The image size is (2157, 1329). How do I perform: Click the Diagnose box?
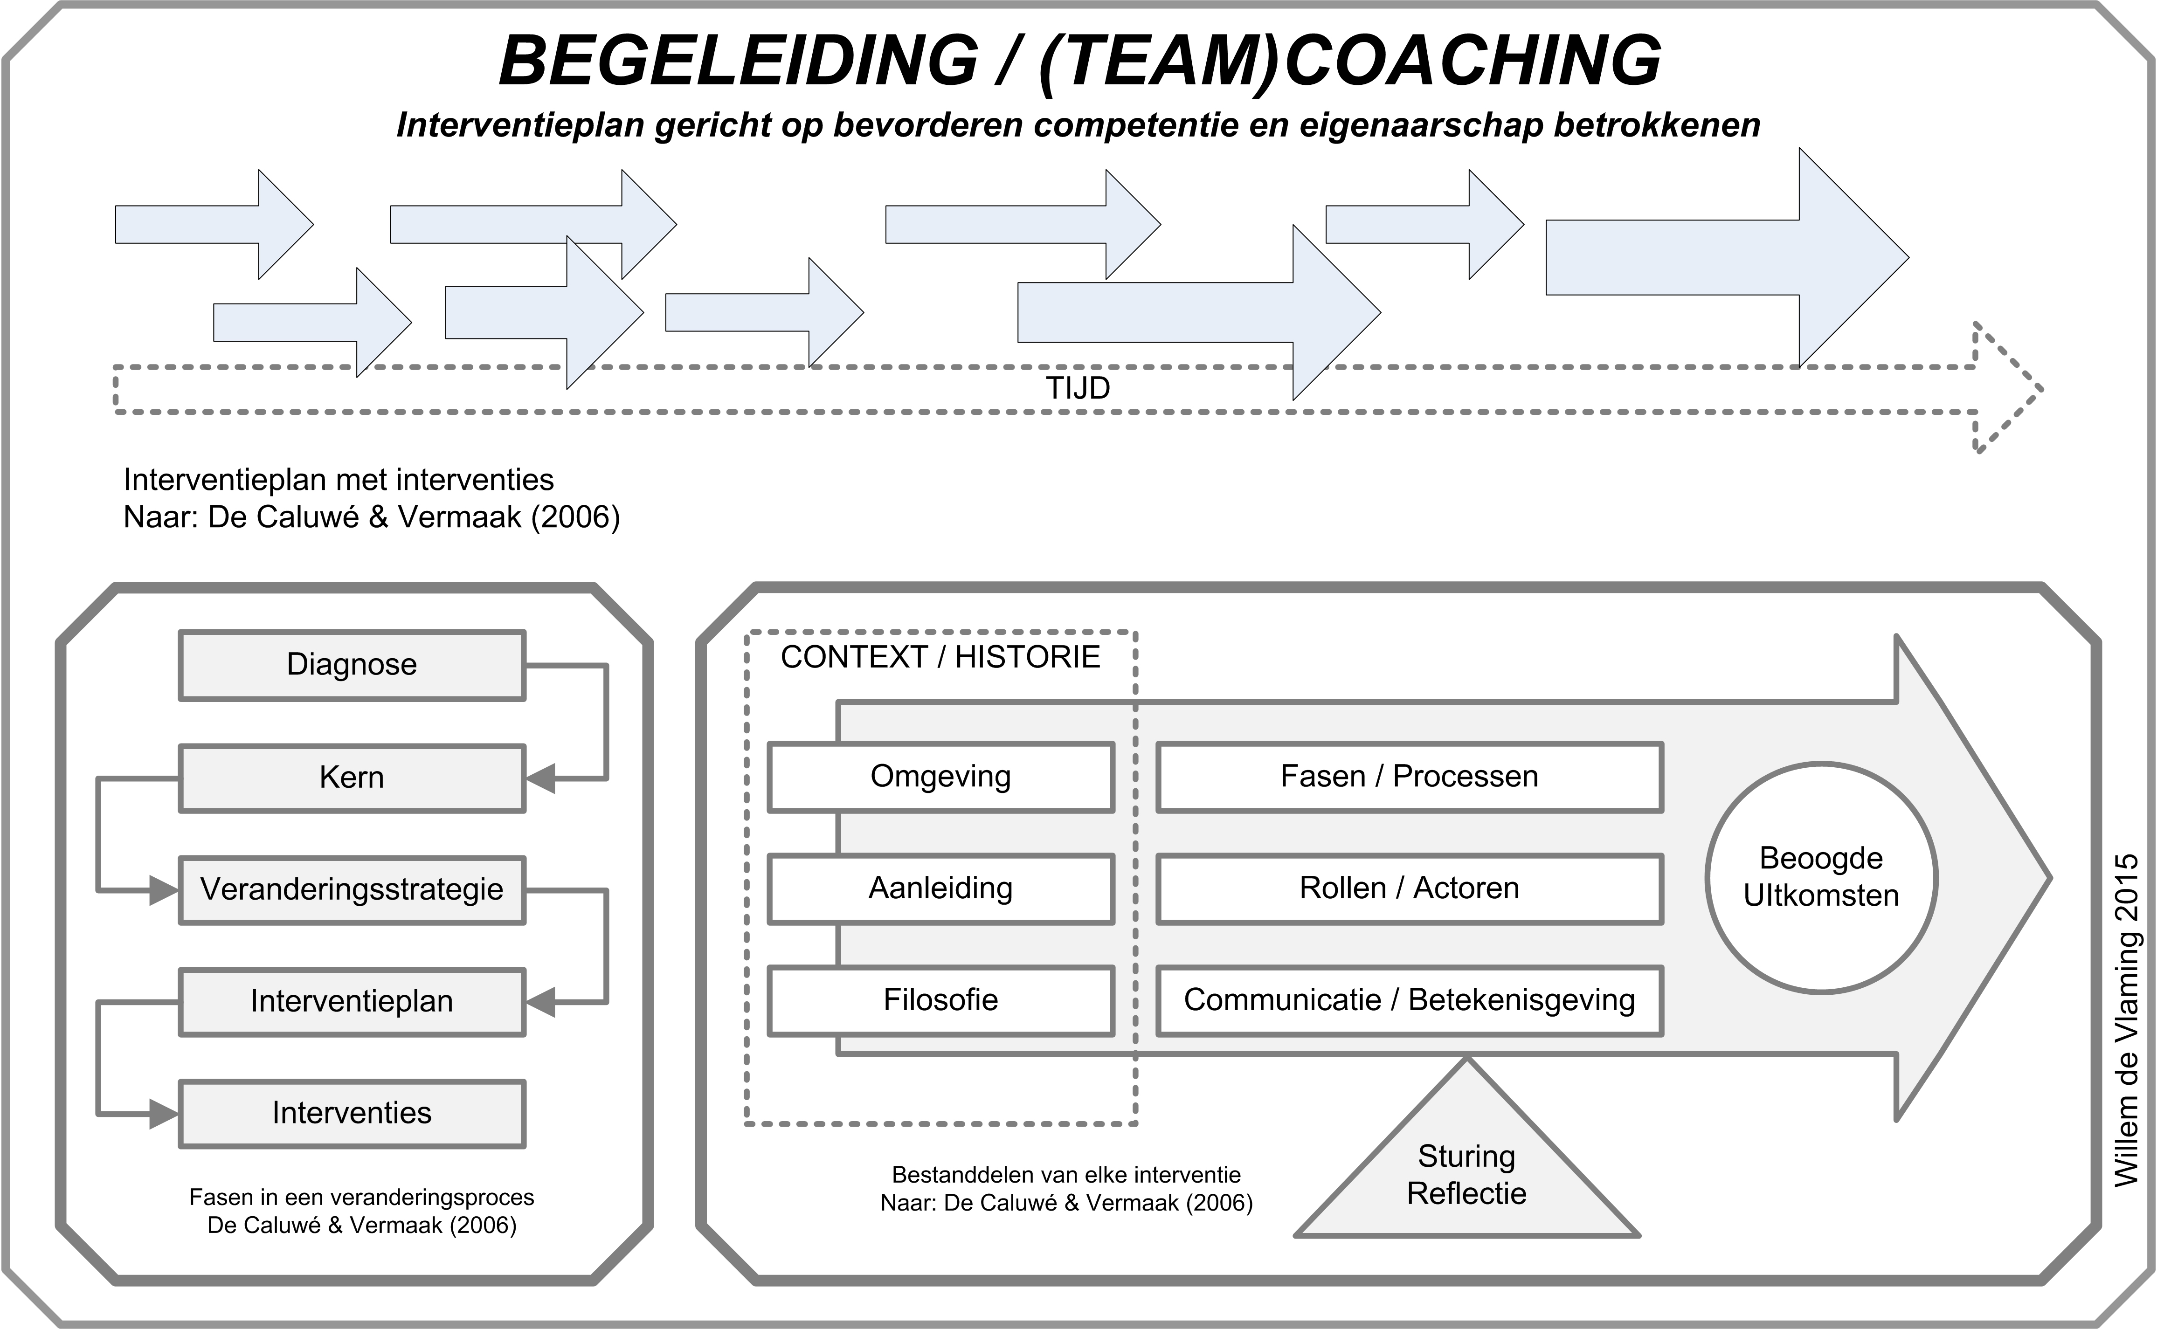(x=352, y=665)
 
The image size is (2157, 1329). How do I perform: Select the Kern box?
(x=352, y=778)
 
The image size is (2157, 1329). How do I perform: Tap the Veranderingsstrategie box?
(x=352, y=889)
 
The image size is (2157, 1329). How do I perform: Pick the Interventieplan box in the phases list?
(x=352, y=1001)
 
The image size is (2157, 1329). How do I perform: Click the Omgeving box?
(x=940, y=777)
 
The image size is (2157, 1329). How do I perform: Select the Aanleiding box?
(x=940, y=888)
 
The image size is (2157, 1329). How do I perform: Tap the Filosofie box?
(x=940, y=1000)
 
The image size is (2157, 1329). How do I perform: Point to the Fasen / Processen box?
(x=1409, y=777)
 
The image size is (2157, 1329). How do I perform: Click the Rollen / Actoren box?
(x=1409, y=888)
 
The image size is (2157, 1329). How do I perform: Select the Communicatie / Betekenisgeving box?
(x=1409, y=1000)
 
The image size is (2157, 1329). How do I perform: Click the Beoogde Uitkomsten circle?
(x=1821, y=877)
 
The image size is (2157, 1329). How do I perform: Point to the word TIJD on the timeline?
(x=1078, y=388)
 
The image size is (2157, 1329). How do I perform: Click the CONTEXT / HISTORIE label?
(x=940, y=657)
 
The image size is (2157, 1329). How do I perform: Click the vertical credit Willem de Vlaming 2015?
(x=2125, y=1019)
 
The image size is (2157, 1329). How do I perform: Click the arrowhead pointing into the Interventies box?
(x=164, y=1114)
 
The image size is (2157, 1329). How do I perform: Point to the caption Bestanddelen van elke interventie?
(x=1066, y=1175)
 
